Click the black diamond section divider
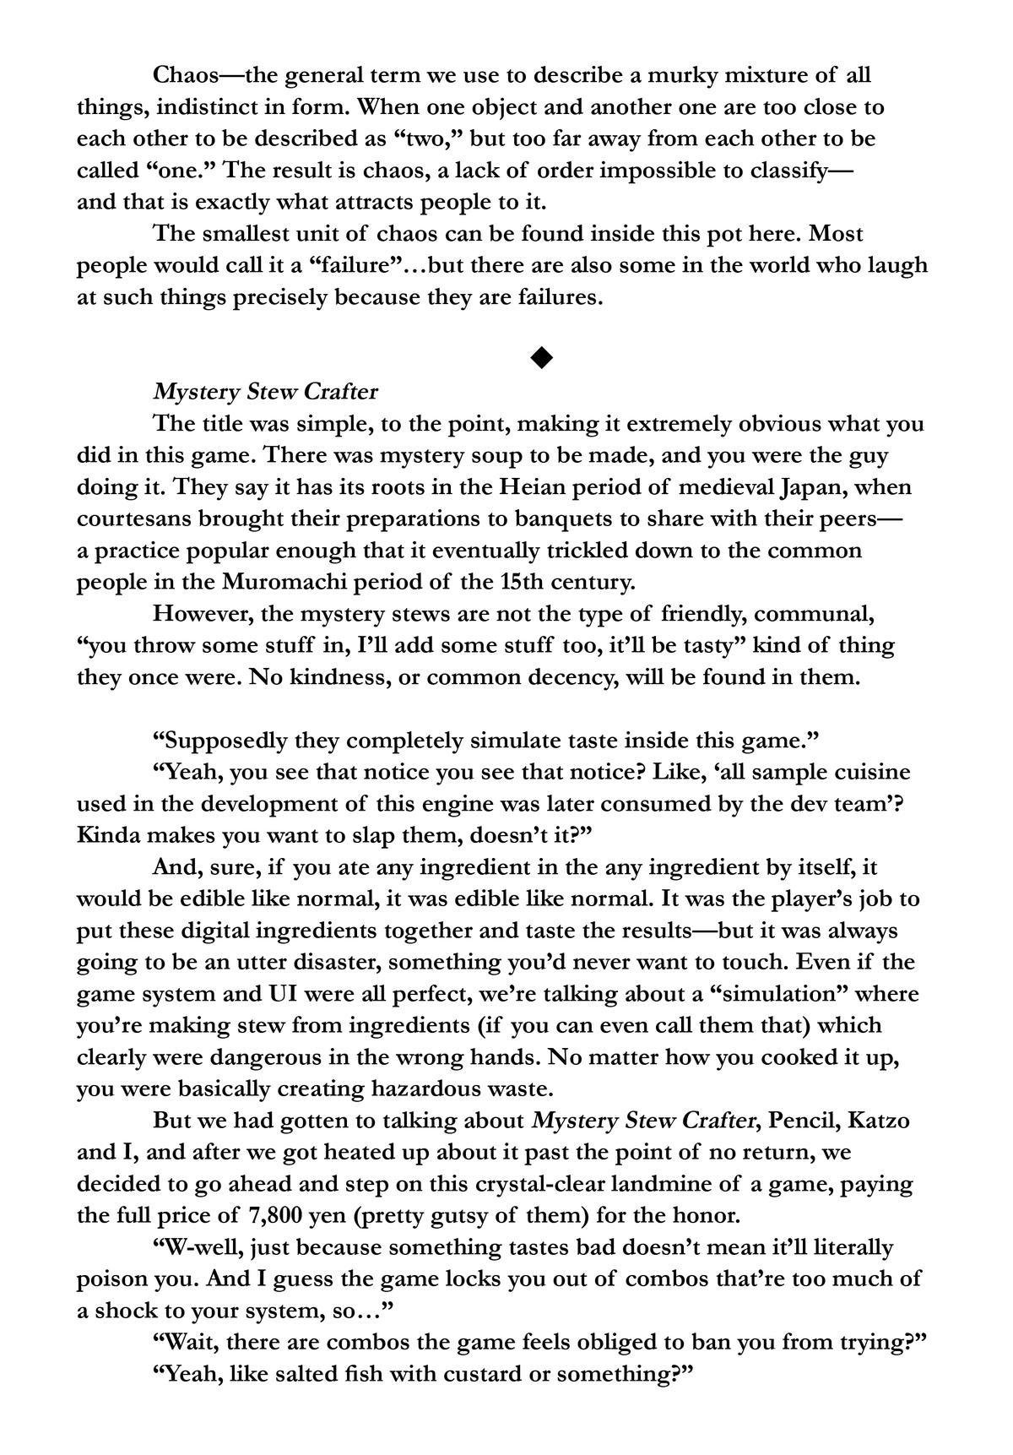[542, 358]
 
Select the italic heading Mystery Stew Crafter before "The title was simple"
[265, 392]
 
